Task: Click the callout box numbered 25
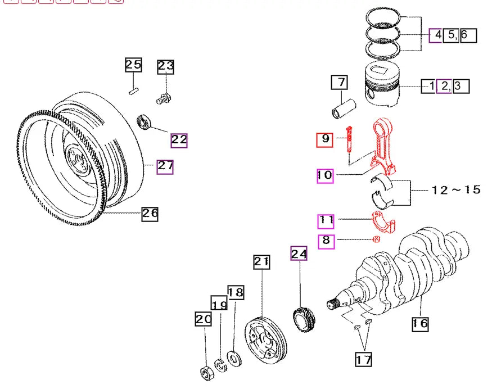(x=133, y=65)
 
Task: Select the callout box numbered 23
(x=166, y=67)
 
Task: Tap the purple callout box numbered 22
(x=179, y=140)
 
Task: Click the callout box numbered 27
(x=165, y=166)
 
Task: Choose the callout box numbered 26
(x=150, y=213)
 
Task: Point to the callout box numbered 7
(x=340, y=83)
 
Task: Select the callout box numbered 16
(x=419, y=323)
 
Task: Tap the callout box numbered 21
(x=261, y=261)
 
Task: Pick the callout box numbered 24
(x=299, y=255)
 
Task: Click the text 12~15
(x=457, y=190)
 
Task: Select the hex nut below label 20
(x=206, y=372)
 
